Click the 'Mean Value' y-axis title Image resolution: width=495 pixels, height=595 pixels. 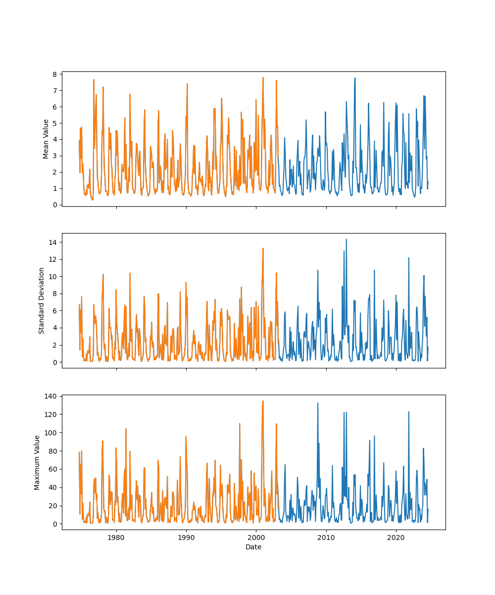point(46,139)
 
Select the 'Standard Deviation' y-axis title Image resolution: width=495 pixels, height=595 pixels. point(42,300)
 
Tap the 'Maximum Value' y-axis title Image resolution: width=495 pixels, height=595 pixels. point(37,463)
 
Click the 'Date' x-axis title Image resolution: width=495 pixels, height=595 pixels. point(253,547)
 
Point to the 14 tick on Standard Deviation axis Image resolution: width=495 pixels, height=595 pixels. point(53,242)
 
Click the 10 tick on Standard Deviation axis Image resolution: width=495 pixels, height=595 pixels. point(53,276)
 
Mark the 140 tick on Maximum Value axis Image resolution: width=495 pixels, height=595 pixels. point(51,396)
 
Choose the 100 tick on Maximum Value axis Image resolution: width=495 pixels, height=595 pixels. point(51,433)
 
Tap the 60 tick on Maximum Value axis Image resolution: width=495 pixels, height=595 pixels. point(53,469)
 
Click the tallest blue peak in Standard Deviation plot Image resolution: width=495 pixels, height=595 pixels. point(346,239)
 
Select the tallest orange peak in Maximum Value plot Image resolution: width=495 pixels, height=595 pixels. point(263,401)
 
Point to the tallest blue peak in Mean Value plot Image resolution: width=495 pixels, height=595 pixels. point(355,78)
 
